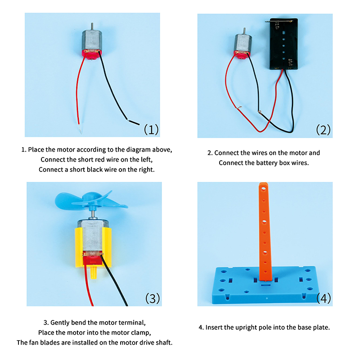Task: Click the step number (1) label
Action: click(x=151, y=130)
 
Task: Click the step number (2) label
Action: click(x=323, y=130)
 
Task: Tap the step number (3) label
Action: click(x=152, y=298)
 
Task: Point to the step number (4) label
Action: click(x=323, y=298)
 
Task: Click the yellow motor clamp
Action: click(x=94, y=245)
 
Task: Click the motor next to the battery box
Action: click(x=242, y=43)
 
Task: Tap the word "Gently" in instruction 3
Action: click(x=61, y=323)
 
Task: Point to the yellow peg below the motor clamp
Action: click(x=94, y=272)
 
